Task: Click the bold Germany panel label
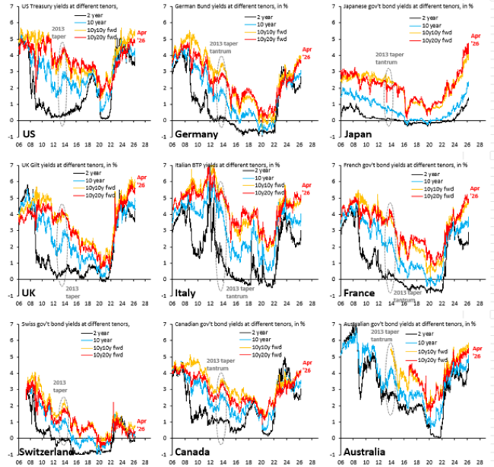tap(196, 134)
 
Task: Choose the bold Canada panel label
tap(193, 451)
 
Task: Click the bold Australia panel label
tap(363, 451)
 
